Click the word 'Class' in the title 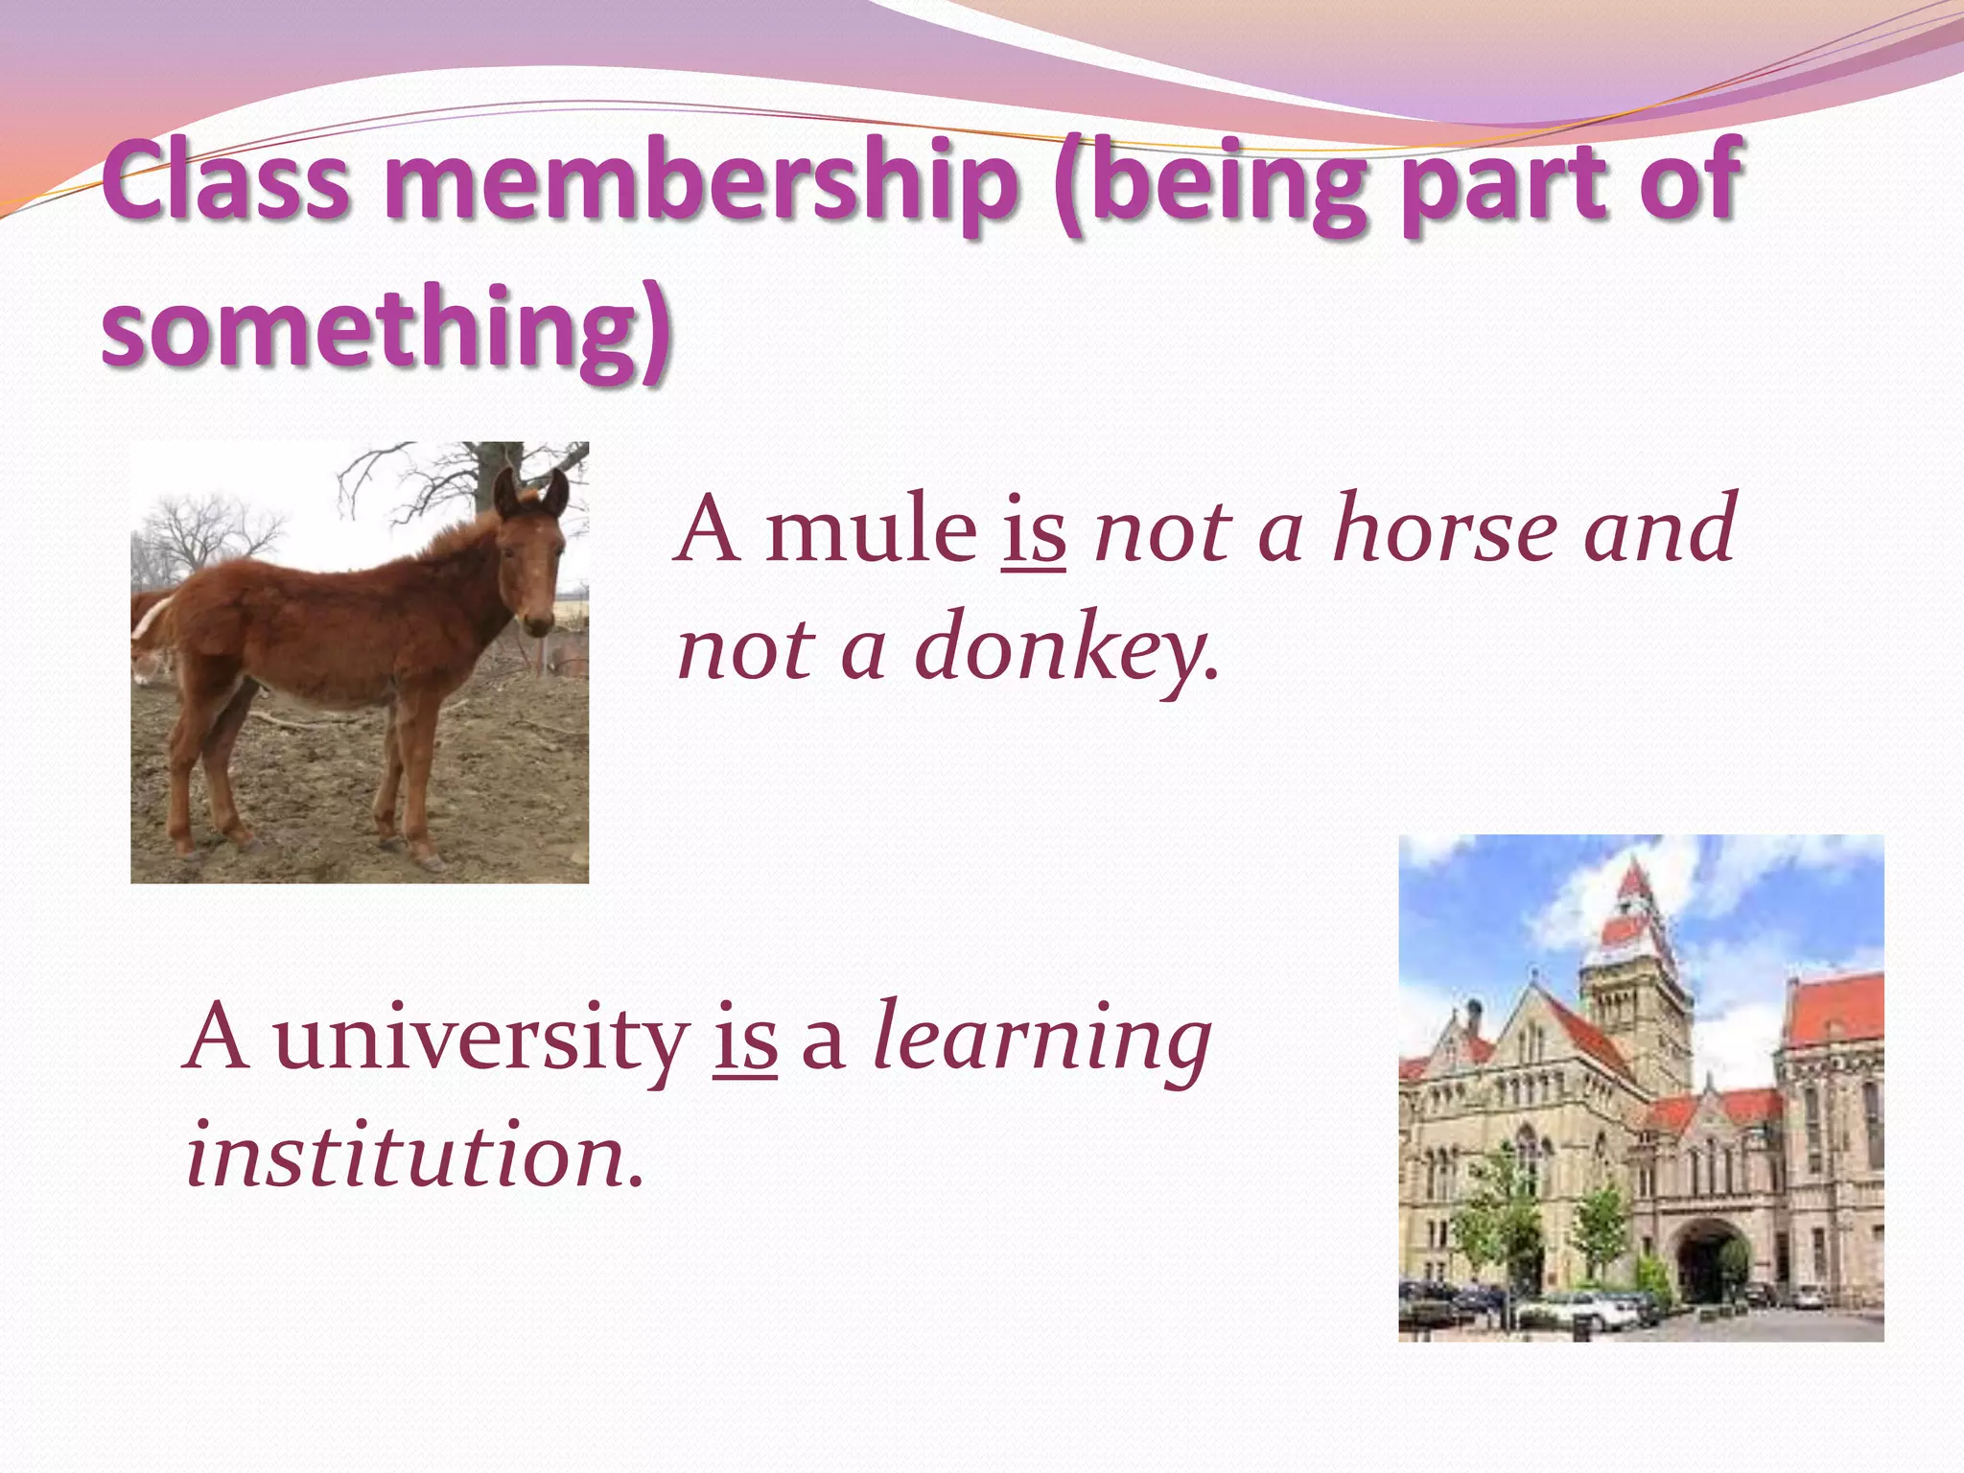tap(226, 179)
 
